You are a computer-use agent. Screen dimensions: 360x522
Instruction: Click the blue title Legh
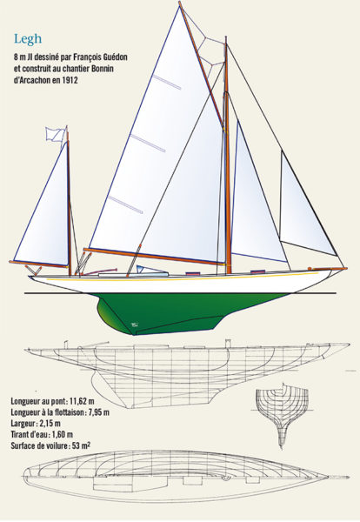click(x=28, y=39)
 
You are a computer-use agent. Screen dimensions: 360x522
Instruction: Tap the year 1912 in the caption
click(x=70, y=80)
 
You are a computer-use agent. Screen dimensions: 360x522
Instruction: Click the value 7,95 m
click(x=99, y=412)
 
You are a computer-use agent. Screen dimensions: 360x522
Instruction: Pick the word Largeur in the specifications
click(x=23, y=424)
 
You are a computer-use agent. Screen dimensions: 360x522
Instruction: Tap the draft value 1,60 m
click(x=63, y=434)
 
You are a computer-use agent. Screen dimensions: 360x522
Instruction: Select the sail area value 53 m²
click(x=81, y=445)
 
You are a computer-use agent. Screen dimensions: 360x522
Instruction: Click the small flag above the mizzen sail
click(x=55, y=134)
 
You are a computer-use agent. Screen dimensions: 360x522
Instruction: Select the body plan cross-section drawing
click(x=282, y=415)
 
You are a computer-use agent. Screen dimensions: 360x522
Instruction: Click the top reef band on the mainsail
click(x=167, y=83)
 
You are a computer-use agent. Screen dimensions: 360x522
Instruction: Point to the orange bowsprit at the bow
click(x=328, y=268)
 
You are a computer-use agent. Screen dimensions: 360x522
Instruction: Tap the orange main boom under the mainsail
click(x=153, y=257)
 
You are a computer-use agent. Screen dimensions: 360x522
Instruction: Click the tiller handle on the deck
click(x=100, y=271)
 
